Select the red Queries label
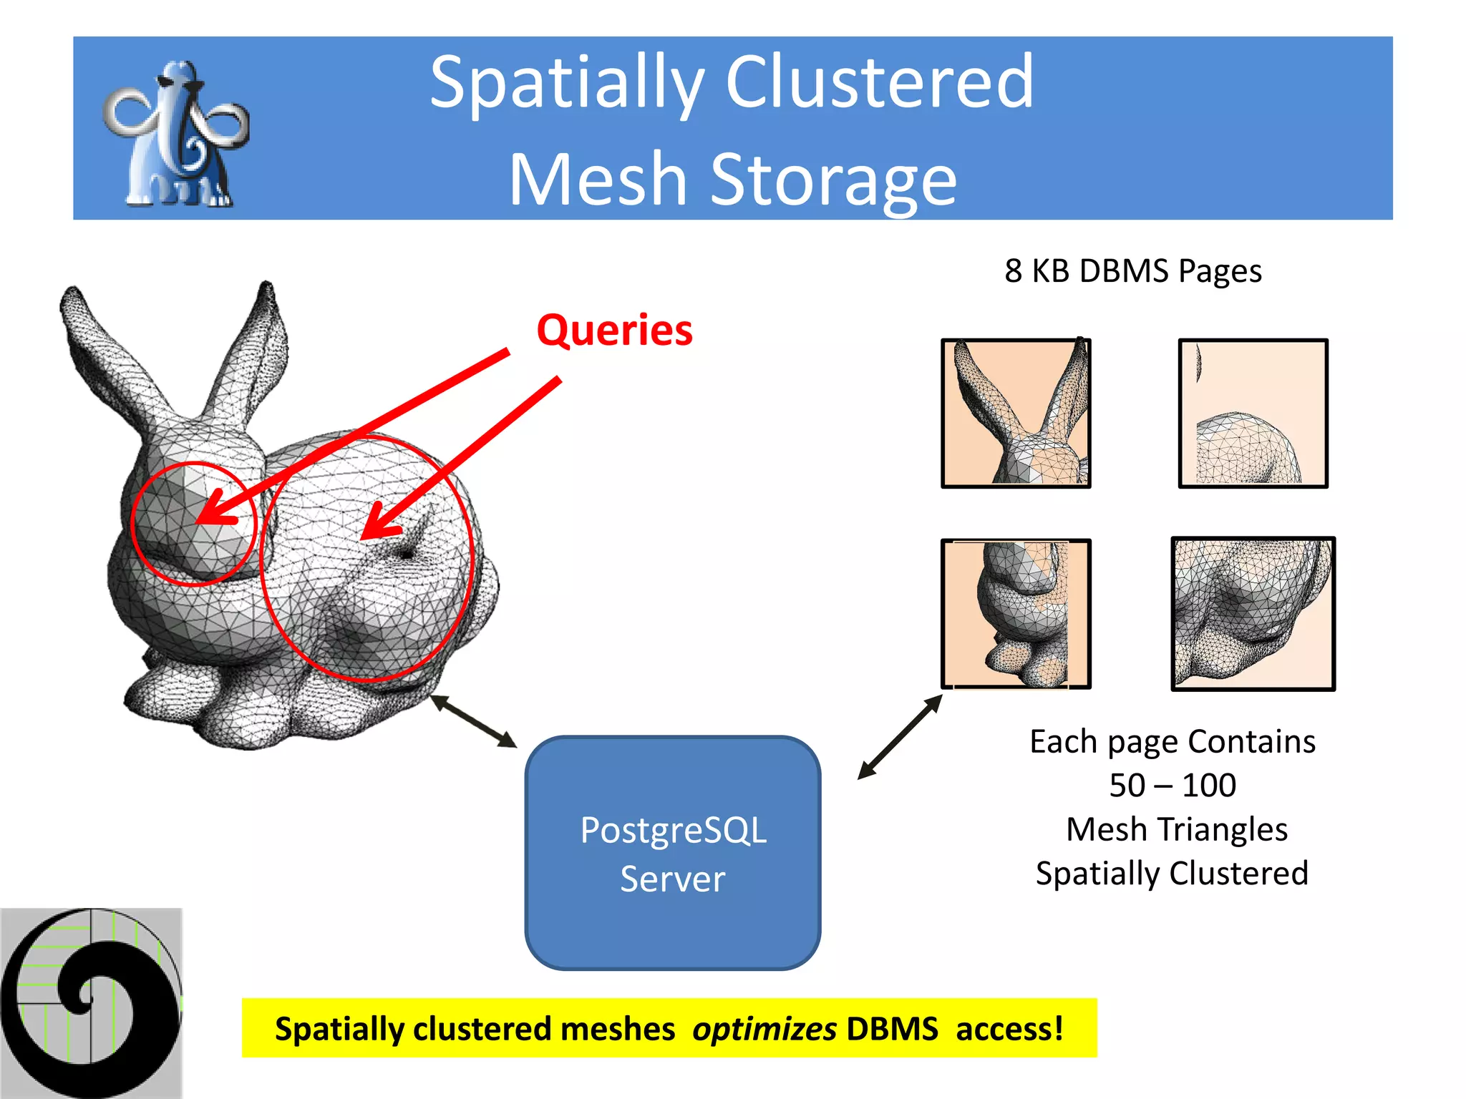(x=614, y=331)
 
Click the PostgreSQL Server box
(x=672, y=853)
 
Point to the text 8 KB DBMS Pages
(x=1132, y=271)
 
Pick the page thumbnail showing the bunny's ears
(x=1016, y=414)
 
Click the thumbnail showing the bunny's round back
(x=1253, y=414)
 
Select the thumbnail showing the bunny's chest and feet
(x=1016, y=614)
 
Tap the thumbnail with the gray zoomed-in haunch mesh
(x=1253, y=614)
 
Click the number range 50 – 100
(x=1173, y=786)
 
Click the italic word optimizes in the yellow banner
(x=764, y=1029)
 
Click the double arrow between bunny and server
(x=473, y=721)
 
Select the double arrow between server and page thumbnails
(x=900, y=737)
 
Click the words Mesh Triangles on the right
(x=1176, y=830)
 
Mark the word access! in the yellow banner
(x=1009, y=1029)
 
